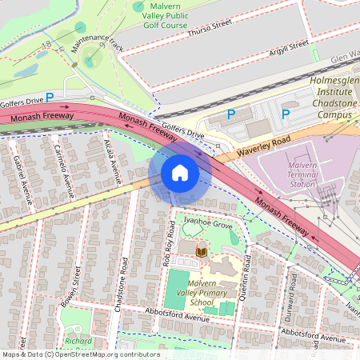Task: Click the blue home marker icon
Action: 180,174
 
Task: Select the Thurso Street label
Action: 209,30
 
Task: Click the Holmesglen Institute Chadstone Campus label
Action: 331,102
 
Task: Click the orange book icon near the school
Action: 202,252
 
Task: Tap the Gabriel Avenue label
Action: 22,178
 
